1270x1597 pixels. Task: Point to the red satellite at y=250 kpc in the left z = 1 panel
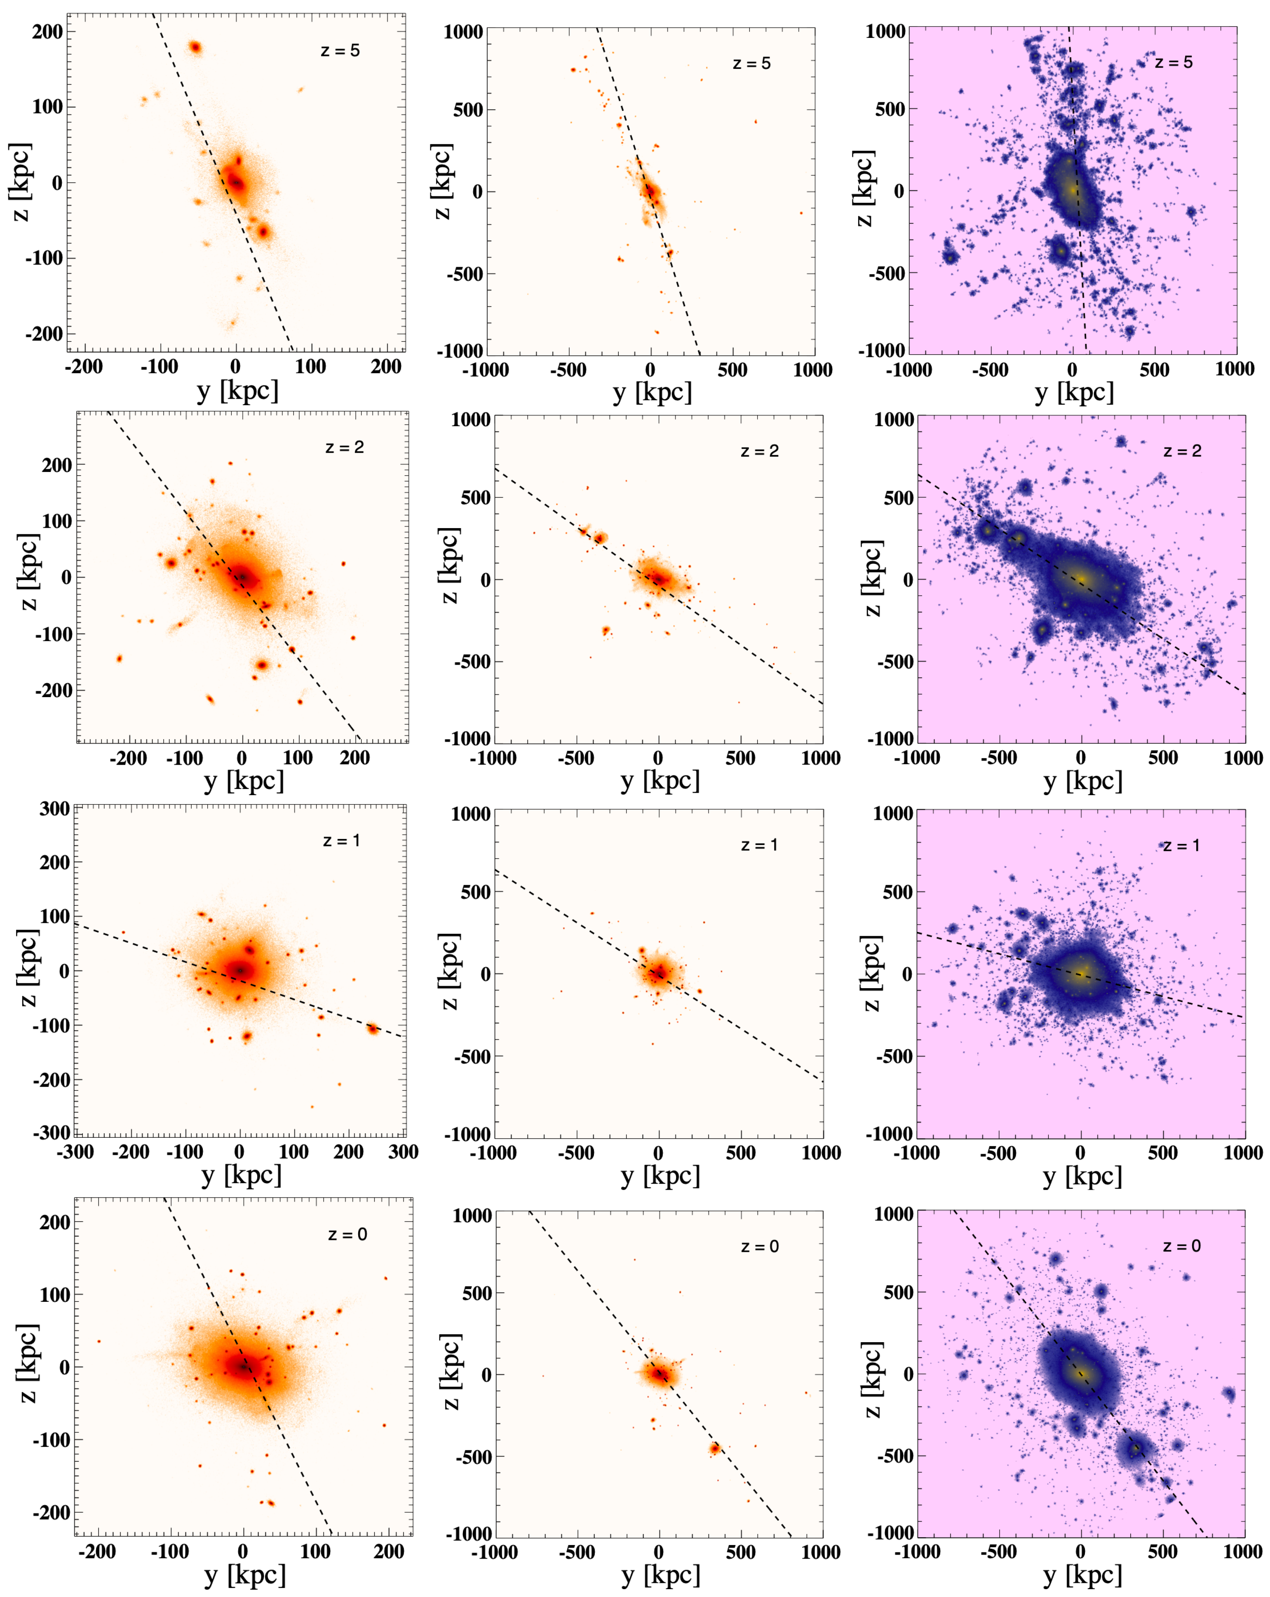click(373, 1029)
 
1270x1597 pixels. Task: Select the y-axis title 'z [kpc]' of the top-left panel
click(21, 182)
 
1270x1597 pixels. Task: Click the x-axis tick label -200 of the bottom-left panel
click(96, 1552)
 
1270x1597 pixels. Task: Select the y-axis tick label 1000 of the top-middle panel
click(464, 32)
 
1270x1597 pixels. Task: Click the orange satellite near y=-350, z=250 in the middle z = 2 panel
click(601, 538)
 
